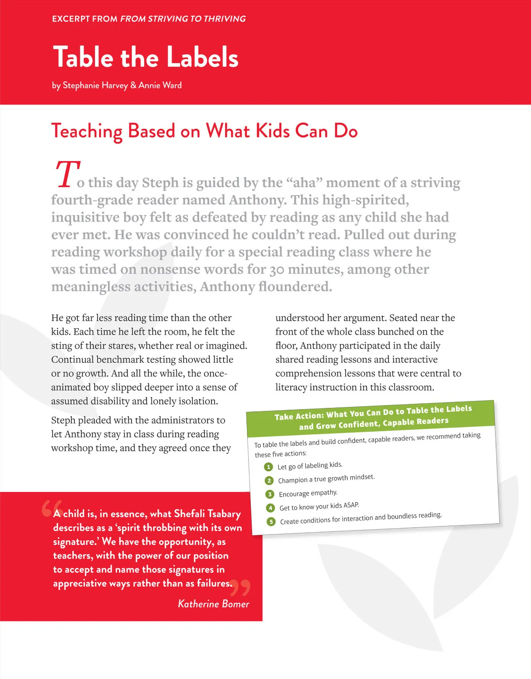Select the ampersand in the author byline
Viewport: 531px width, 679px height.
pyautogui.click(x=133, y=85)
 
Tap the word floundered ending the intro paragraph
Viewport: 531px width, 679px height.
pyautogui.click(x=295, y=287)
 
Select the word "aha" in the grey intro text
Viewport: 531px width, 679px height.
pyautogui.click(x=304, y=183)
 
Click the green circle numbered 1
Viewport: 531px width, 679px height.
pyautogui.click(x=268, y=467)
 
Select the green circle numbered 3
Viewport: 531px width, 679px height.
pyautogui.click(x=269, y=494)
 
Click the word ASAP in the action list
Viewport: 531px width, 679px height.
pyautogui.click(x=351, y=505)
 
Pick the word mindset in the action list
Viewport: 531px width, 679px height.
pyautogui.click(x=362, y=477)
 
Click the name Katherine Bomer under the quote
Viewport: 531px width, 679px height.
pyautogui.click(x=213, y=604)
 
